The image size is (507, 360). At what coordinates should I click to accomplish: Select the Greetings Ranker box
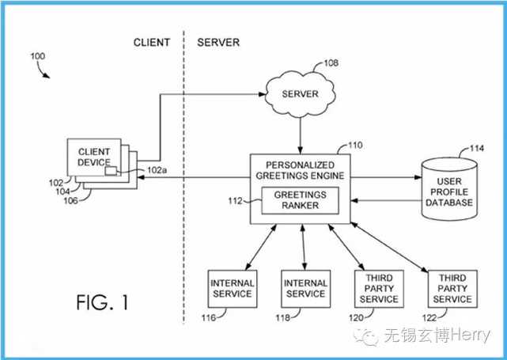(300, 200)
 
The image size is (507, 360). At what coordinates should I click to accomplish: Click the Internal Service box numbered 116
(233, 289)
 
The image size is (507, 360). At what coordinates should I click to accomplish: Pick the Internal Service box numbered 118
(305, 289)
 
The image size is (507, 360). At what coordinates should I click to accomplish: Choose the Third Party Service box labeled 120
(379, 289)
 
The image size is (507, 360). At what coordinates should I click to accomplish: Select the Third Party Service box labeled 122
(452, 289)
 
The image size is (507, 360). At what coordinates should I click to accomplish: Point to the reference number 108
(331, 63)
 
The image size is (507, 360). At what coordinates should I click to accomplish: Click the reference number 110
(355, 146)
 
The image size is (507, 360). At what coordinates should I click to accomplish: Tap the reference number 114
(477, 149)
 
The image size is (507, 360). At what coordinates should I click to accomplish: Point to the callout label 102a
(157, 170)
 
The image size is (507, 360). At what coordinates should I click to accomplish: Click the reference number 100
(38, 56)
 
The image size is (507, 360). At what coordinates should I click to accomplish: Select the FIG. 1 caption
(102, 303)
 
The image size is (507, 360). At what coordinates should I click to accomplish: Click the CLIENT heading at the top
(152, 43)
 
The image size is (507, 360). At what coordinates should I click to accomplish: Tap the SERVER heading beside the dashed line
(218, 43)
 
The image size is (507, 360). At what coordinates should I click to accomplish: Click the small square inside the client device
(111, 171)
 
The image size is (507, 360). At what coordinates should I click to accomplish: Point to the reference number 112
(235, 201)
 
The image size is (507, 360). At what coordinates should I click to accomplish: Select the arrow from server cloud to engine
(300, 135)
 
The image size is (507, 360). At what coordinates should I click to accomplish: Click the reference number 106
(70, 201)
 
